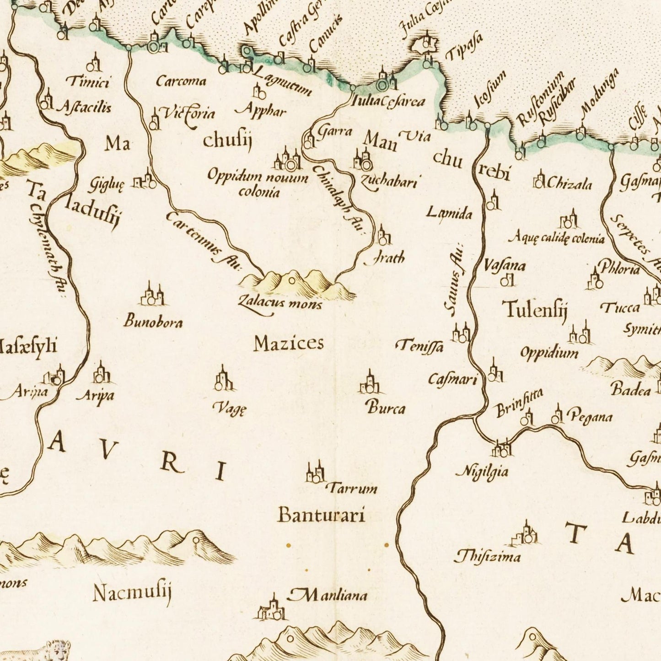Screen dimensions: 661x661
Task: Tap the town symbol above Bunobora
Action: tap(151, 295)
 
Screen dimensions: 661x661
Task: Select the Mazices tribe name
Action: tap(289, 343)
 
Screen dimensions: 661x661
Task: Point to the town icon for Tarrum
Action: tap(315, 472)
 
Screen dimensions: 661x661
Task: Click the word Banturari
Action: tap(322, 516)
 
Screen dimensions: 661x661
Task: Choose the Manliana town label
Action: tap(328, 595)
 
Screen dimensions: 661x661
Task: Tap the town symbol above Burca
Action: tap(369, 383)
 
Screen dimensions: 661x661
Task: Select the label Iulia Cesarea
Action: tap(387, 101)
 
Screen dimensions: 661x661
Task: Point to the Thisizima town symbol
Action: tap(526, 534)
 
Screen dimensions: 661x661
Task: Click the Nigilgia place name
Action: tap(482, 471)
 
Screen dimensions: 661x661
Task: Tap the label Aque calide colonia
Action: tap(556, 238)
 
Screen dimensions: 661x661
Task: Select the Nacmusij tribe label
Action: tap(132, 594)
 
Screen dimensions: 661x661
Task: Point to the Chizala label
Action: tap(569, 184)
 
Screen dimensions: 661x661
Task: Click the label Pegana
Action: tap(589, 417)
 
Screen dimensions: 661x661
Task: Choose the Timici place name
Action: tap(88, 82)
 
